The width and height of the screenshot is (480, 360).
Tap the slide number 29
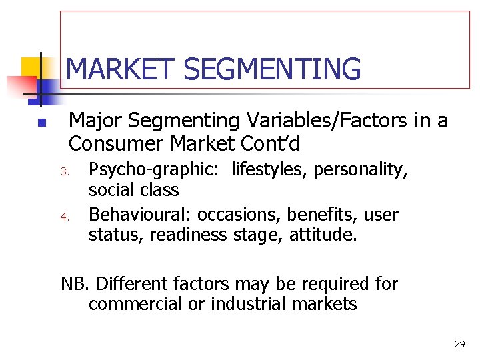(459, 344)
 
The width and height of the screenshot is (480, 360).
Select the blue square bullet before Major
(41, 123)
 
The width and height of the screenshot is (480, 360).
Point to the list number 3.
(65, 171)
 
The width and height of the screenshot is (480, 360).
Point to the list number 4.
(65, 216)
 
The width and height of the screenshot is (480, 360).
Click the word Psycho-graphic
(153, 169)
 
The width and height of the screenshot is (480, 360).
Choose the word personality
(361, 169)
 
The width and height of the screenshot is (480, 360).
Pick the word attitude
(323, 235)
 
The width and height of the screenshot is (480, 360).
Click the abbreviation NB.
(74, 284)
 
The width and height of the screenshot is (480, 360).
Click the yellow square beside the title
(32, 67)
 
